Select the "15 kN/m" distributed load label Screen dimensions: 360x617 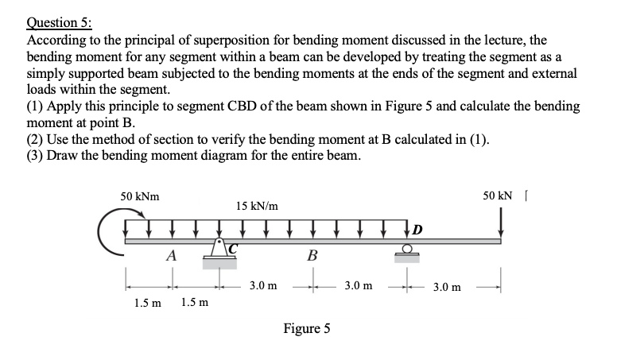click(257, 206)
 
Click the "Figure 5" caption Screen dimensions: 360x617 click(306, 328)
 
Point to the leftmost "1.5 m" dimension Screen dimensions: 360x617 click(146, 303)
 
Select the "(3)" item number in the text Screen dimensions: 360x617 click(37, 155)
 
